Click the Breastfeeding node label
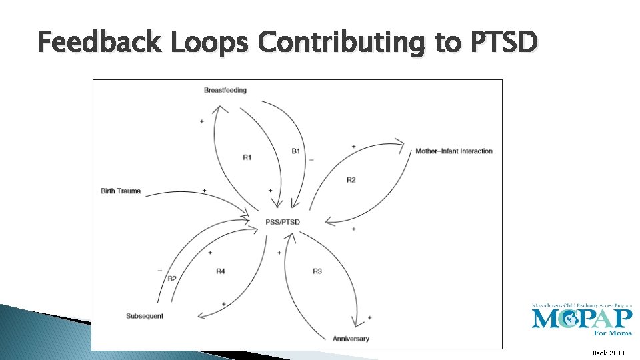point(225,90)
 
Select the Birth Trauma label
point(121,191)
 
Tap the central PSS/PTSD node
point(283,222)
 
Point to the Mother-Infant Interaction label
point(454,151)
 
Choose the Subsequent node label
point(145,315)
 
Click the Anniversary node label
point(351,339)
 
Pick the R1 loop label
point(247,157)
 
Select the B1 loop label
point(296,151)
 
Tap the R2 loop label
point(351,180)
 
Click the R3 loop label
point(317,271)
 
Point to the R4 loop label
point(221,271)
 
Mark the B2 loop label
point(172,279)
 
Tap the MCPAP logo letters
point(581,318)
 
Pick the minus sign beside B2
point(160,270)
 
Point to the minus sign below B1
point(311,160)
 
